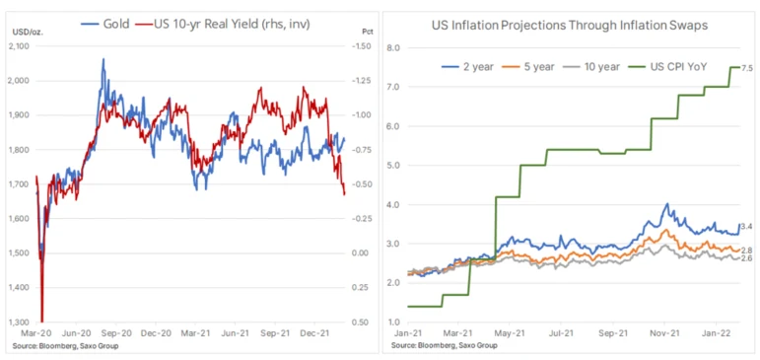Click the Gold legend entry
pos(105,25)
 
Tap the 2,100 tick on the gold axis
pos(19,46)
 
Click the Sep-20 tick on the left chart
pos(116,334)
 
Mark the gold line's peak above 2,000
pos(103,59)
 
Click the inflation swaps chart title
pos(570,26)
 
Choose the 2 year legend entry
pos(467,67)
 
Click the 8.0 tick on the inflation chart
pos(392,48)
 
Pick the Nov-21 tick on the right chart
pos(664,334)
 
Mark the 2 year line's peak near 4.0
pos(667,204)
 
